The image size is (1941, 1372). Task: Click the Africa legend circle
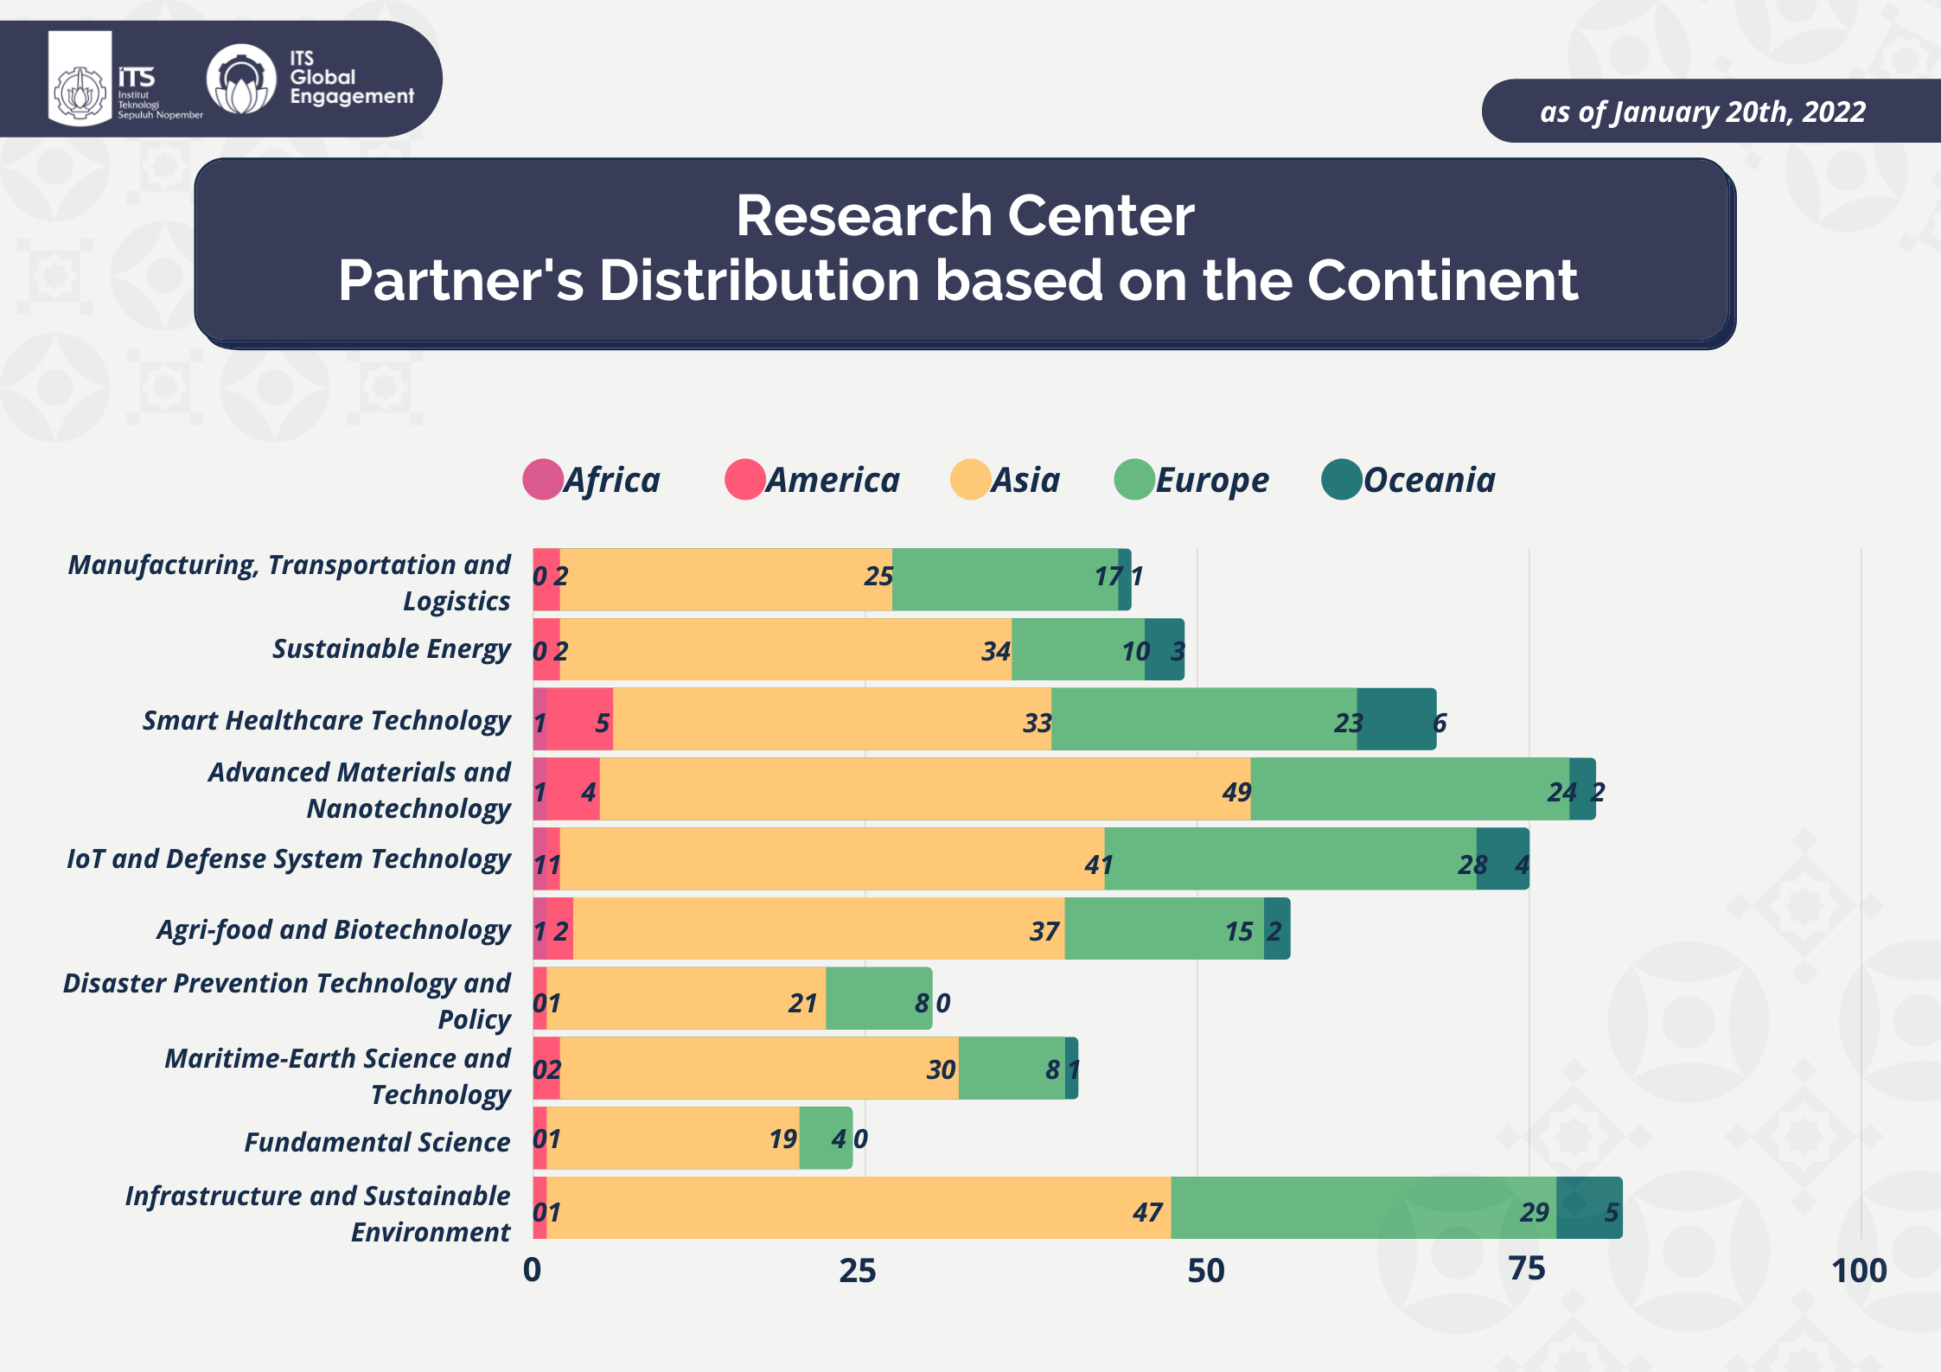543,480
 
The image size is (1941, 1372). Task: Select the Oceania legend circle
1342,480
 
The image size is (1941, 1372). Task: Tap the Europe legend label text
1212,481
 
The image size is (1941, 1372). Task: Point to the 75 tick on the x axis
1528,1269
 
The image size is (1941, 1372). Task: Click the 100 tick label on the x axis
1859,1271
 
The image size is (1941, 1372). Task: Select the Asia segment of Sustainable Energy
785,649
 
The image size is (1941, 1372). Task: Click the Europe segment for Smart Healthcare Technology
1204,719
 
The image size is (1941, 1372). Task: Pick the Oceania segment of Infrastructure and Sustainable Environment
1588,1208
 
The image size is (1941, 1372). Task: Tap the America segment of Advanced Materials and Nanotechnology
572,789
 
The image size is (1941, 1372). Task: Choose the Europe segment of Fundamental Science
826,1138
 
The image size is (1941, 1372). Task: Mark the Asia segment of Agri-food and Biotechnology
818,928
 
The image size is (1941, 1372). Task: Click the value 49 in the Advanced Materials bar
1236,792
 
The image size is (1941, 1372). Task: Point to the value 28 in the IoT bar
1472,865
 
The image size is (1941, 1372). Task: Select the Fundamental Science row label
377,1142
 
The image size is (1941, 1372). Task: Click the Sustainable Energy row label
391,648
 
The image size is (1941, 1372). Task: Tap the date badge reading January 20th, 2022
1702,112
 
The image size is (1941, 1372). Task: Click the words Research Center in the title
965,215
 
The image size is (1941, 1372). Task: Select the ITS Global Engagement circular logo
241,80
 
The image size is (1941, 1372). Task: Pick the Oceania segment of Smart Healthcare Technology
1396,719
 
